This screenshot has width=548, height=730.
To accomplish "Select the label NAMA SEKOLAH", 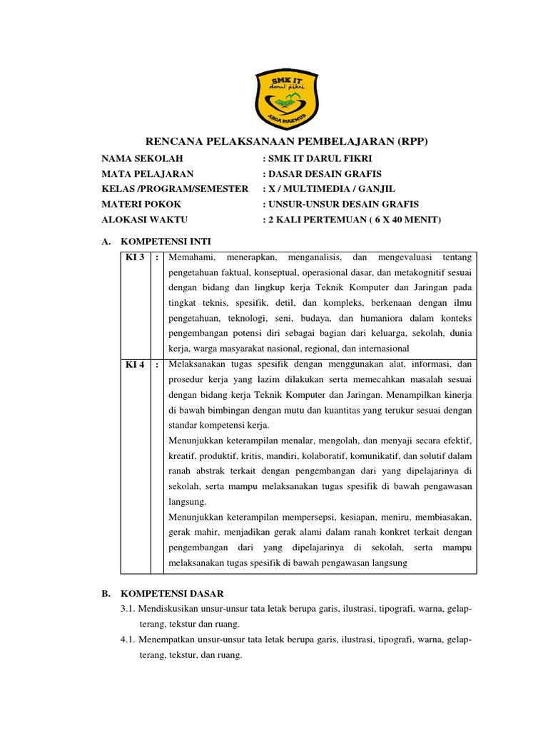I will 143,158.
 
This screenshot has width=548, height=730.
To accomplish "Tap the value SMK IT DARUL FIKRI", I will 319,158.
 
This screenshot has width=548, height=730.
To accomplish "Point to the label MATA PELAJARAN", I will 148,173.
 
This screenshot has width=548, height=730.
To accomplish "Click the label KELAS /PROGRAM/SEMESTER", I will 175,189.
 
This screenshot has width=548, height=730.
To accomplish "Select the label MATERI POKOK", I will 141,205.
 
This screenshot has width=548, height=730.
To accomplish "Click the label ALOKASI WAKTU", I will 146,220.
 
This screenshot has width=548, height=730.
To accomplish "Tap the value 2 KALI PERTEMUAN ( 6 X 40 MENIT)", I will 353,220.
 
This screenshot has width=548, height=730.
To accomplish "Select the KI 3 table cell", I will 135,257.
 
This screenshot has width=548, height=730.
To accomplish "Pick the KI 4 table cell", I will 135,365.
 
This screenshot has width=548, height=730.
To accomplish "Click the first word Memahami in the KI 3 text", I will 191,257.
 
